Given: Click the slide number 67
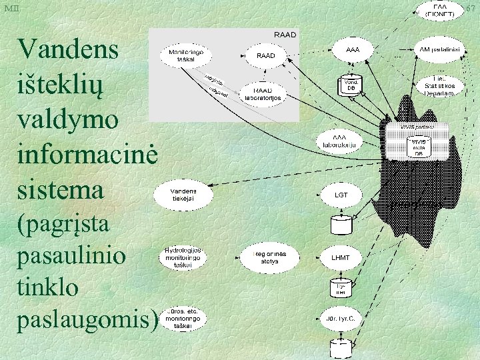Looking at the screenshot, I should coord(471,8).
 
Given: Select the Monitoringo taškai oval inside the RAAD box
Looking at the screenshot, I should coord(181,55).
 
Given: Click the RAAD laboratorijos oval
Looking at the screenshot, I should coord(264,93).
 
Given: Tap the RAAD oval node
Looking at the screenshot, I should coord(265,56).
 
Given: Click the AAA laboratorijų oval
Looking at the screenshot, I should coord(343,140).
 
